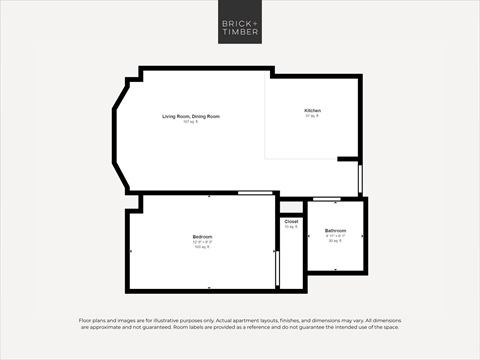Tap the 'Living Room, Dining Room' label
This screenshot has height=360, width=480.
click(191, 117)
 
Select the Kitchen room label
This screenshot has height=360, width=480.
click(313, 110)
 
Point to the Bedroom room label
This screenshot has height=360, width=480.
click(203, 237)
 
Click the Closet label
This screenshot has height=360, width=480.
click(291, 221)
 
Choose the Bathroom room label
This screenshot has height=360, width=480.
click(335, 231)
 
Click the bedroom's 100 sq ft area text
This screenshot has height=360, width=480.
click(203, 247)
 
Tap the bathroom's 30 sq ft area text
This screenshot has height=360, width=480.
click(335, 241)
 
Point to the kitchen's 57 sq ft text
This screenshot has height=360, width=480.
click(313, 116)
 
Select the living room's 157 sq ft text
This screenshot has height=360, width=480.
click(190, 122)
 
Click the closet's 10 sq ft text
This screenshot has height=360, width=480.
click(291, 227)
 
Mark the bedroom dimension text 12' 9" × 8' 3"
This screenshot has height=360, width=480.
click(203, 242)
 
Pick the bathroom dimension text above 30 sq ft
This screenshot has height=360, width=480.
click(335, 236)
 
